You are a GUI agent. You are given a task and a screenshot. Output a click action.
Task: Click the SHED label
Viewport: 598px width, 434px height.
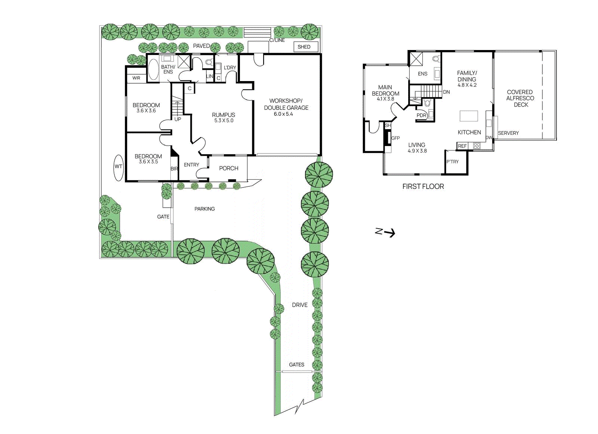[x=304, y=47]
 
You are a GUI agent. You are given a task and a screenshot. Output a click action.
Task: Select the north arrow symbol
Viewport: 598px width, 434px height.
[x=385, y=232]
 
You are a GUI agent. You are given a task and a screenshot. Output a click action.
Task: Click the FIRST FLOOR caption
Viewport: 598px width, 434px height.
[x=423, y=186]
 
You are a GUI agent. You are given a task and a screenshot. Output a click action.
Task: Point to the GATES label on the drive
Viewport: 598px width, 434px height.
[x=296, y=365]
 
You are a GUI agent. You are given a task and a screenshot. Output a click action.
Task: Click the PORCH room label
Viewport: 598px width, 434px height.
[x=228, y=168]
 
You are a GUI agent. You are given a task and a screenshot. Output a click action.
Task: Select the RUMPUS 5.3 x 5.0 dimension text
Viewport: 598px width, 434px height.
[x=224, y=121]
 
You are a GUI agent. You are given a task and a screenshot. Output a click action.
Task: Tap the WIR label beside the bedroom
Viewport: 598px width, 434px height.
[x=136, y=78]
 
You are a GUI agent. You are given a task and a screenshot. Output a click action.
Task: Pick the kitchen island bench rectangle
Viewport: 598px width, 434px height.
[x=469, y=116]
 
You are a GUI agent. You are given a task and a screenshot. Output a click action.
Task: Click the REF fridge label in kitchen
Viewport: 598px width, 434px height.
[x=462, y=146]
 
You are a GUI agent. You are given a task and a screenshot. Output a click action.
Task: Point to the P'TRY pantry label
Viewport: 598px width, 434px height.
[x=452, y=162]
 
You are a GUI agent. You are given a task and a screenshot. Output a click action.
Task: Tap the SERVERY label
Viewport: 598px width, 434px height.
[x=508, y=133]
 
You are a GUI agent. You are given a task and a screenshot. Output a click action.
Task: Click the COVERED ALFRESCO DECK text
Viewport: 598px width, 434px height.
[x=520, y=98]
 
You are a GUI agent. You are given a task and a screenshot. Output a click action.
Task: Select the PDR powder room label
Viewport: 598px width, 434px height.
[x=421, y=115]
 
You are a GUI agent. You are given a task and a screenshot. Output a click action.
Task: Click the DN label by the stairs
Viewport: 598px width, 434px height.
[x=446, y=92]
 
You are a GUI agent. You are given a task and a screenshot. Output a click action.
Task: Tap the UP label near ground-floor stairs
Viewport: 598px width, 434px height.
[x=178, y=119]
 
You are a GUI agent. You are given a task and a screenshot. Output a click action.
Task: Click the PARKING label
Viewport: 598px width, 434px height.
[x=204, y=209]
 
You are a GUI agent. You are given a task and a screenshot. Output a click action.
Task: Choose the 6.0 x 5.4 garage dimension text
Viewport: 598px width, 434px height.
[x=283, y=114]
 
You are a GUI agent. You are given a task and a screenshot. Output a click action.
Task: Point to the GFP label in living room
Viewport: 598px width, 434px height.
[x=395, y=138]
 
